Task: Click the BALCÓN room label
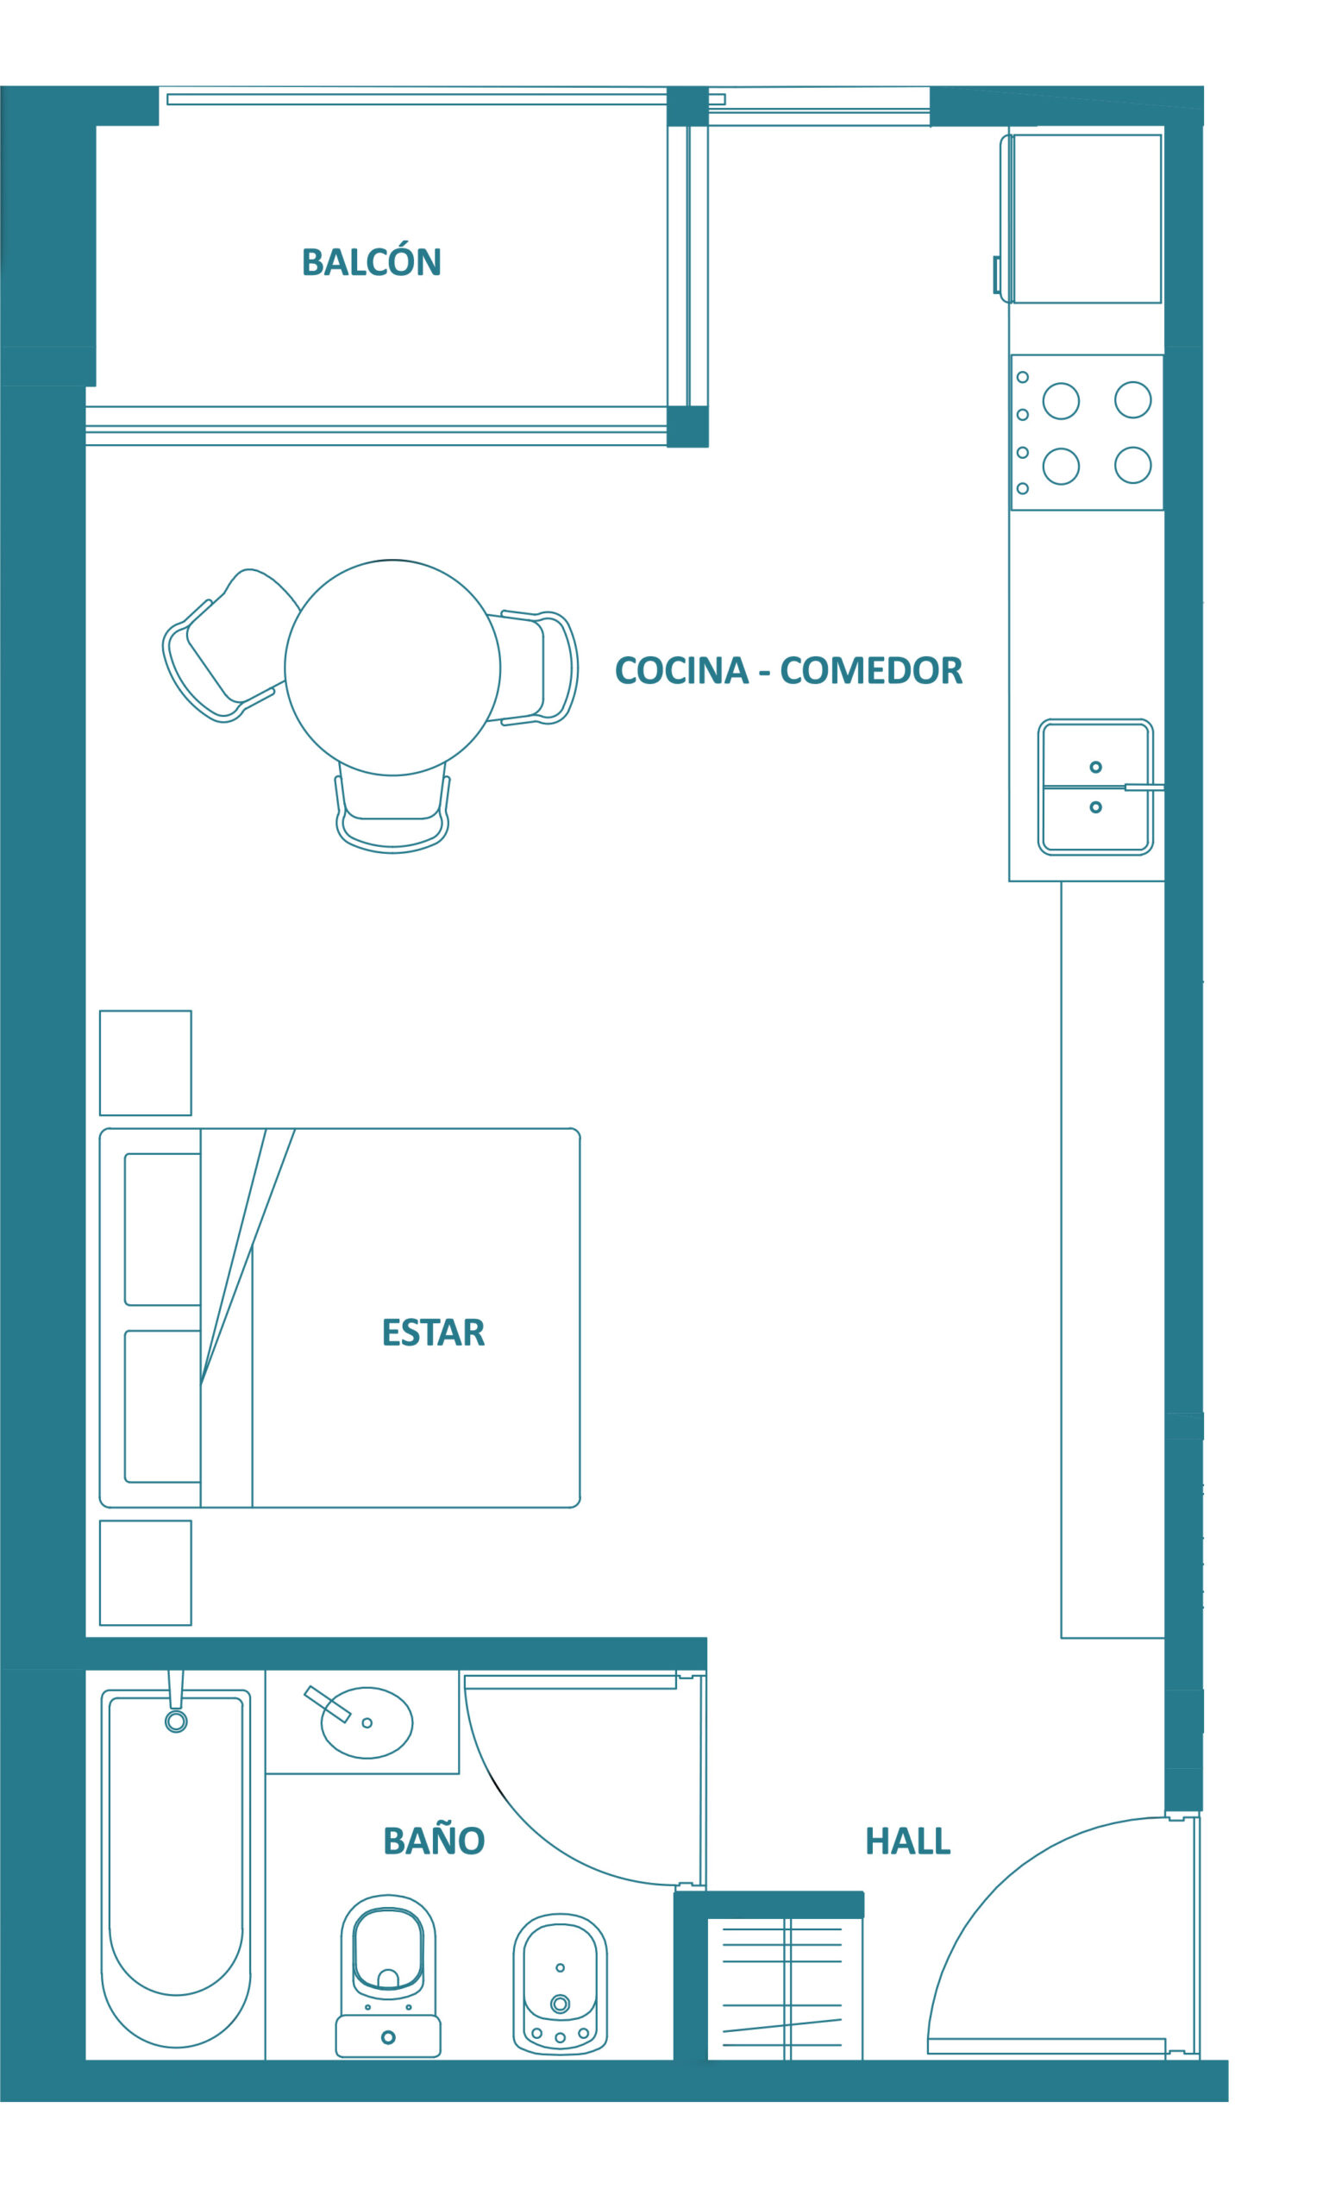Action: click(x=372, y=261)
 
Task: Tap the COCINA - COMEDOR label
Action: click(x=789, y=670)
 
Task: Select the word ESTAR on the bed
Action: click(x=434, y=1333)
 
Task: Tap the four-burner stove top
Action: click(x=1088, y=432)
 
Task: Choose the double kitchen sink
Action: click(x=1096, y=787)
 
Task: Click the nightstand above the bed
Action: click(x=145, y=1063)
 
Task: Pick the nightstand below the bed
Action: click(x=145, y=1572)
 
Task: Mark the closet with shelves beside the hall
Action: click(x=785, y=1987)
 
